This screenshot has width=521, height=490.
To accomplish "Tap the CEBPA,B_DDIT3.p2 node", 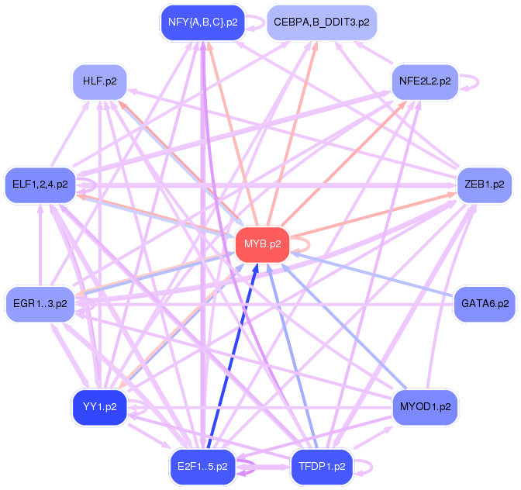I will tap(321, 22).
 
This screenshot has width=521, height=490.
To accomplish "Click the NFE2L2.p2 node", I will tap(424, 81).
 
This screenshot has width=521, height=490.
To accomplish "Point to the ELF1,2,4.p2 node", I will tap(40, 185).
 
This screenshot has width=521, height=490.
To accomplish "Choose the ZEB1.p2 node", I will tap(485, 185).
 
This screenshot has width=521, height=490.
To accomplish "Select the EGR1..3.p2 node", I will tap(40, 303).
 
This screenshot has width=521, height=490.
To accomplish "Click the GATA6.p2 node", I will tap(485, 303).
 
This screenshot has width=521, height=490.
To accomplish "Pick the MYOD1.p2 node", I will tap(424, 406).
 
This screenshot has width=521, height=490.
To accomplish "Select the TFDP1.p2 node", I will tap(321, 467).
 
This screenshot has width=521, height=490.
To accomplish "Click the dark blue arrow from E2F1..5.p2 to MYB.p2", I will tap(231, 357).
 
